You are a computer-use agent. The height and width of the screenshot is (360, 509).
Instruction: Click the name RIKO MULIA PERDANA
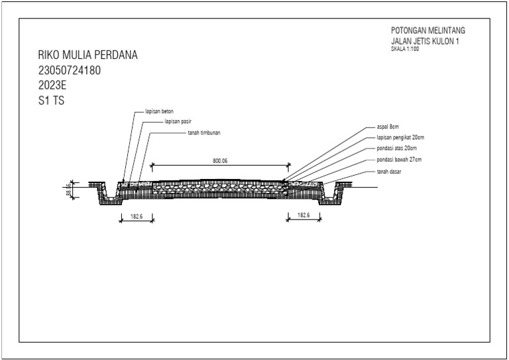[87, 55]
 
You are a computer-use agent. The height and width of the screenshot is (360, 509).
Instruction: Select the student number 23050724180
[70, 70]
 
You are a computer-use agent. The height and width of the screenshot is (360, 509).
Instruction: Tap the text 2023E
[52, 85]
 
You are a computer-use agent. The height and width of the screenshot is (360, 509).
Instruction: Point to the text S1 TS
[51, 100]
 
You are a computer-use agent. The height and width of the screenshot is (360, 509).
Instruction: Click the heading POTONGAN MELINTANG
[428, 30]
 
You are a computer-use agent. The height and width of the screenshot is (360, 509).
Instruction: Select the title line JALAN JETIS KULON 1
[425, 41]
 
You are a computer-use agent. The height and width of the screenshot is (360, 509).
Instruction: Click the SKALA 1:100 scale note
[405, 49]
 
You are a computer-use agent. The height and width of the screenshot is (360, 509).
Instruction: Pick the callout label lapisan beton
[159, 111]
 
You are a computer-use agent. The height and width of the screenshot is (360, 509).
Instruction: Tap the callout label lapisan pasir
[178, 121]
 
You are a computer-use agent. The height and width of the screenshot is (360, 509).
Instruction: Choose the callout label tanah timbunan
[204, 133]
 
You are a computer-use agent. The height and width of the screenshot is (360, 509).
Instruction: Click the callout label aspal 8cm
[388, 127]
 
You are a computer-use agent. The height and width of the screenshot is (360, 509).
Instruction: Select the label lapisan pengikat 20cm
[400, 137]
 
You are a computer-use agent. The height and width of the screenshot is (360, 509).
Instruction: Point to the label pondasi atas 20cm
[397, 149]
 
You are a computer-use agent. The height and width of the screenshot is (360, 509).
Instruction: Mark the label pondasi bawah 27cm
[399, 160]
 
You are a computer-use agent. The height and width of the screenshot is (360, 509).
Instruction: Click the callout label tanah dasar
[388, 172]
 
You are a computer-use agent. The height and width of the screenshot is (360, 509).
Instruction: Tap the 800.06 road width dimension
[220, 160]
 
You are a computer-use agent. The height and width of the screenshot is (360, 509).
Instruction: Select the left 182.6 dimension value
[137, 216]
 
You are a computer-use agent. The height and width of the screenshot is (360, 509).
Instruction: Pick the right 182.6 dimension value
[304, 215]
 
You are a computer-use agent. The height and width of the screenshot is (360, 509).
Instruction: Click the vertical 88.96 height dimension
[68, 190]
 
